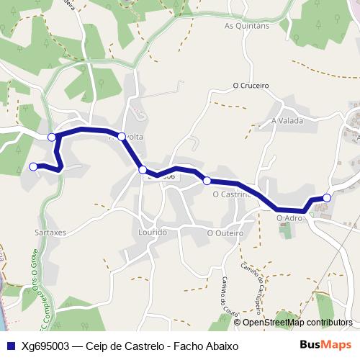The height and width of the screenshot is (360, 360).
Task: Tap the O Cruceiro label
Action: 251,85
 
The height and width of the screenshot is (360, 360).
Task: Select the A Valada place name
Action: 289,120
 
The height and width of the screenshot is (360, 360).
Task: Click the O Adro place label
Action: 289,217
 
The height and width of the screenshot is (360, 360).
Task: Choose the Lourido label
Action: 153,233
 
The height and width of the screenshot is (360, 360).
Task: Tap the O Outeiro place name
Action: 222,233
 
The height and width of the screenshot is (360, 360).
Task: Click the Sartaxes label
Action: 50,233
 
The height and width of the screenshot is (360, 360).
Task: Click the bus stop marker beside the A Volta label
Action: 122,136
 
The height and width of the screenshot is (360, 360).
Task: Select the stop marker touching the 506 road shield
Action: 143,170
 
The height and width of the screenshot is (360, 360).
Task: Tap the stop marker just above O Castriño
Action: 207,180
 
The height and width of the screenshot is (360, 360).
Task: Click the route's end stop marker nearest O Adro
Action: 327,197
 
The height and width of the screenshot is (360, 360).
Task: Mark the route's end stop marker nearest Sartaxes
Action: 33,167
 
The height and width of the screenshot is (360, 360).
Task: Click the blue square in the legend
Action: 9,346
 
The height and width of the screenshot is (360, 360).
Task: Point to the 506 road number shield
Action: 167,176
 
